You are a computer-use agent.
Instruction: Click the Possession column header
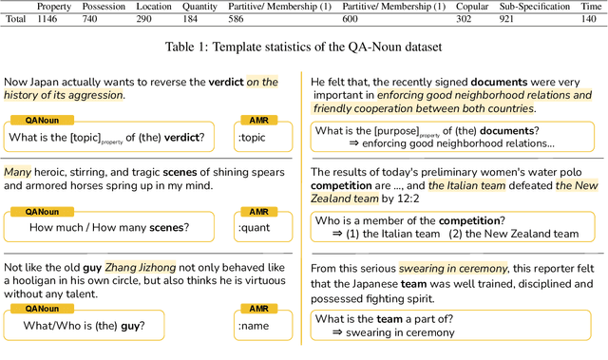(104, 6)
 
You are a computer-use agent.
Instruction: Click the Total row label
(15, 19)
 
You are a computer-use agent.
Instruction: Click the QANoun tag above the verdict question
(41, 120)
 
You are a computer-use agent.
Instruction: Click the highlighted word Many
(18, 171)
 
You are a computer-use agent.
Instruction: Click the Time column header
(594, 6)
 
